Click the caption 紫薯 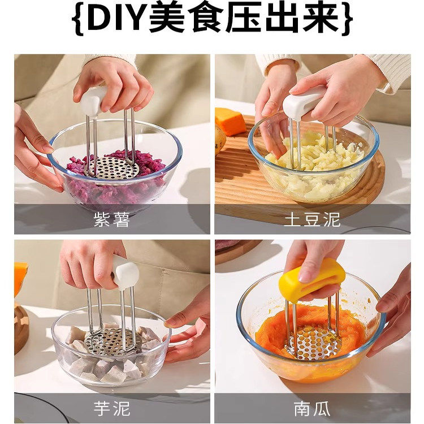[111, 219]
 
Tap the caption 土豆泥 [312, 219]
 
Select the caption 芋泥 [111, 408]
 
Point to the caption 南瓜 [312, 408]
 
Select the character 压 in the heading [244, 20]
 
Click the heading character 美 [168, 20]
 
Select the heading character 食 [206, 20]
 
